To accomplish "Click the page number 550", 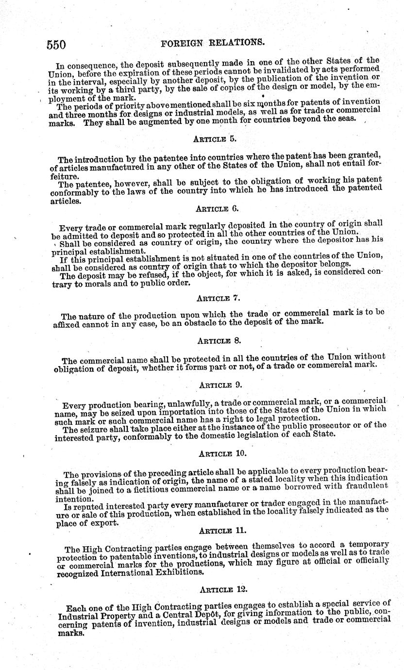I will click(x=56, y=45).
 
